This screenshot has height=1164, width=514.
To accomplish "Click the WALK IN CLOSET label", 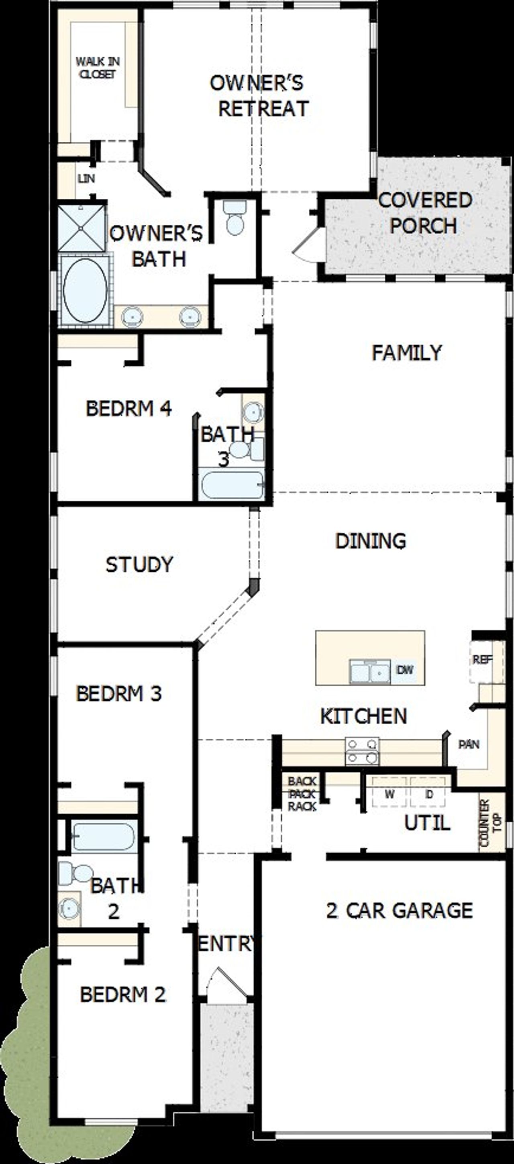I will pyautogui.click(x=98, y=68).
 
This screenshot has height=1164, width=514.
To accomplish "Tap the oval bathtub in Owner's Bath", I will pyautogui.click(x=85, y=291).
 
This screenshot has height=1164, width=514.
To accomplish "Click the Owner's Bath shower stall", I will pyautogui.click(x=82, y=228).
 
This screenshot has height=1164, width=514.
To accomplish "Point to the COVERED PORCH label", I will pyautogui.click(x=424, y=213).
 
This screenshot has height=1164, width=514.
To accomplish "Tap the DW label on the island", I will pyautogui.click(x=405, y=670).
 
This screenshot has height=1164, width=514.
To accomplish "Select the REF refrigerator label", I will pyautogui.click(x=482, y=660).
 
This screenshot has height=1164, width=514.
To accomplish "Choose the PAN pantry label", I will pyautogui.click(x=469, y=744).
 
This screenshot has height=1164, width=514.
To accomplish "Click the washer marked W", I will pyautogui.click(x=390, y=794).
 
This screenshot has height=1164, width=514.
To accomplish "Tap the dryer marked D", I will pyautogui.click(x=429, y=794).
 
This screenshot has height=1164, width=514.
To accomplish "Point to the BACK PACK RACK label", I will pyautogui.click(x=302, y=793).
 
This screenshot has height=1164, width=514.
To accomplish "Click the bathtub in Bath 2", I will pyautogui.click(x=104, y=836).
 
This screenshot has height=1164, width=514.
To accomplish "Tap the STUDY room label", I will pyautogui.click(x=139, y=564).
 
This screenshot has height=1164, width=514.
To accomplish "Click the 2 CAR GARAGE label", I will pyautogui.click(x=399, y=911).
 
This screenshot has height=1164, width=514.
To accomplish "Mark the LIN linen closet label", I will pyautogui.click(x=86, y=179).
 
